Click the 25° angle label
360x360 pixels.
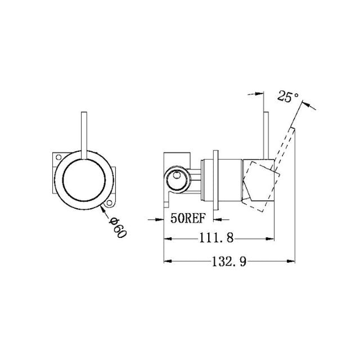point(288,97)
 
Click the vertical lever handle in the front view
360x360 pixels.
point(84,133)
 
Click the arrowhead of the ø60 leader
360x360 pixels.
point(101,209)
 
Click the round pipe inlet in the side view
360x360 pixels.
point(175,180)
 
